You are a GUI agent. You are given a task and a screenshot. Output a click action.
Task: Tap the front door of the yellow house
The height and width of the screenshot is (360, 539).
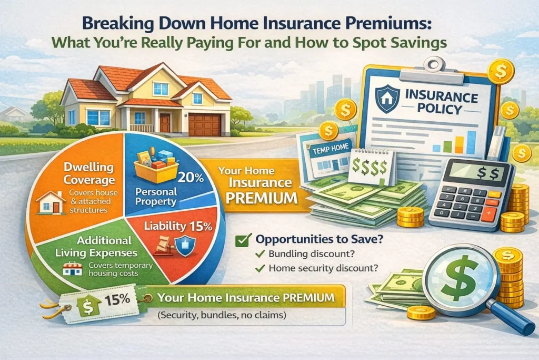165,123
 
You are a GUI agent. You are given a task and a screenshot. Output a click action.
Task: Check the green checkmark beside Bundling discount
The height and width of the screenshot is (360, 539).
259,254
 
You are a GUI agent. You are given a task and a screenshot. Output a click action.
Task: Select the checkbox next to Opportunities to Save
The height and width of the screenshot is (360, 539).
241,240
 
